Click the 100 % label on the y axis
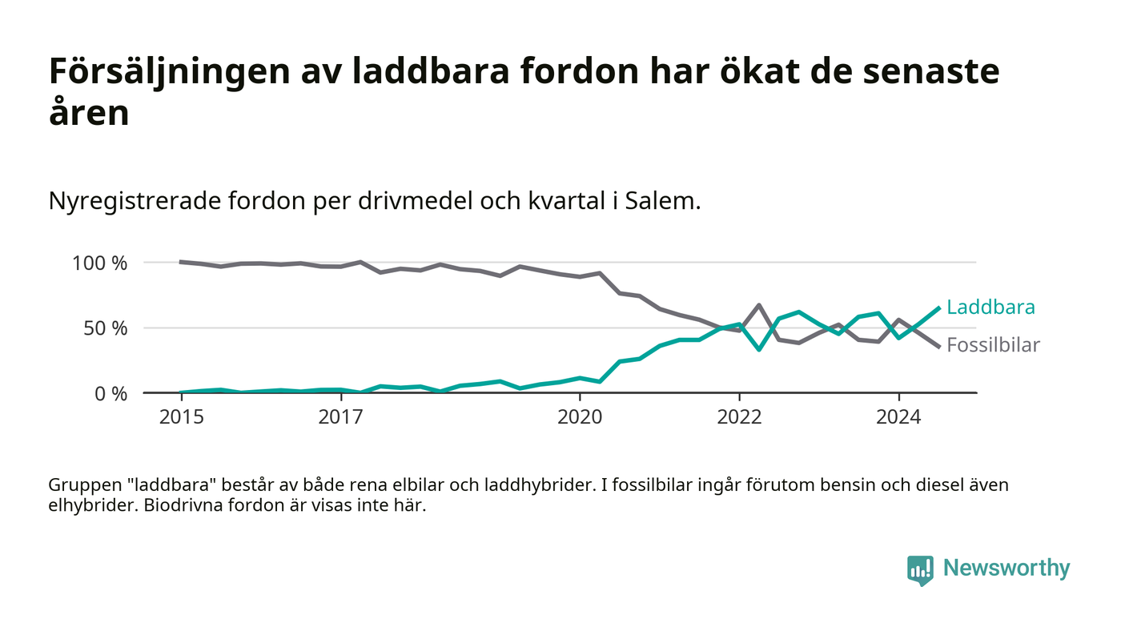point(99,263)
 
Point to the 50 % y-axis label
point(104,328)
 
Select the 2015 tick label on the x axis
point(182,417)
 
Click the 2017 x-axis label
point(341,417)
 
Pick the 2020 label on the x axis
point(580,417)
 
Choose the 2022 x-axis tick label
point(739,417)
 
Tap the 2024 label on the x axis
point(898,417)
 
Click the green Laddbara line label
point(990,307)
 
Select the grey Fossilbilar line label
point(993,345)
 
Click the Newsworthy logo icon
point(920,569)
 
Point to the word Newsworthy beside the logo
point(1006,569)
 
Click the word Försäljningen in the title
point(169,72)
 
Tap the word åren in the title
point(89,113)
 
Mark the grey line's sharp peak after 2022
point(758,305)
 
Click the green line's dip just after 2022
point(758,350)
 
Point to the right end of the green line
point(938,307)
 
